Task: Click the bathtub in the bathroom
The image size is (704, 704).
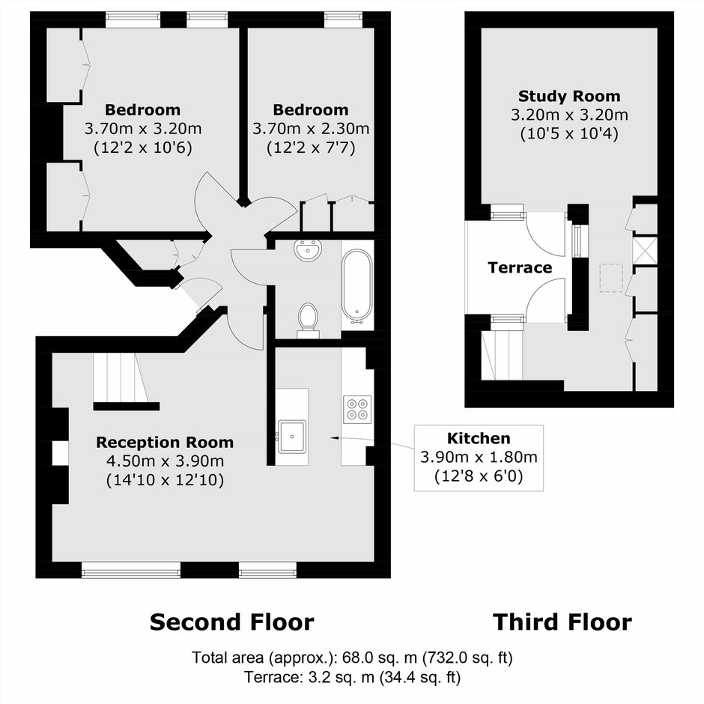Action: [357, 286]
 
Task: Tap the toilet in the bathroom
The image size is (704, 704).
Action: [308, 320]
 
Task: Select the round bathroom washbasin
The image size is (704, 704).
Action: [308, 250]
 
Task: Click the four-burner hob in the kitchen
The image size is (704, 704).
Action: [357, 410]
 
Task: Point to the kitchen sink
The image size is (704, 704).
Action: [292, 437]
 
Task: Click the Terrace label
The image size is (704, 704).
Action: [520, 267]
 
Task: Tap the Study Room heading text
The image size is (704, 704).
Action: [569, 96]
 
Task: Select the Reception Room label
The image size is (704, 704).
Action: [165, 442]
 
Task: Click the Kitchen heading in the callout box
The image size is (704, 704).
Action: [479, 438]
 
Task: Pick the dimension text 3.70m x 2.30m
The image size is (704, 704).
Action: [311, 129]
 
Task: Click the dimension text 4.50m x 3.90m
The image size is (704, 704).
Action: [165, 461]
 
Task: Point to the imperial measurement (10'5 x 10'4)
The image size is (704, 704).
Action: [569, 134]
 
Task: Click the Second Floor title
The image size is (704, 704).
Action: [231, 622]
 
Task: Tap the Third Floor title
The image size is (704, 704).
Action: [562, 622]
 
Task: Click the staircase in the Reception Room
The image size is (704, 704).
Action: [121, 378]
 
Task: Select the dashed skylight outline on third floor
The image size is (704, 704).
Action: [611, 279]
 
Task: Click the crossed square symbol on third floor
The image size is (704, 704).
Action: [645, 249]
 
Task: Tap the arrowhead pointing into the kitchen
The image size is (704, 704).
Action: [335, 437]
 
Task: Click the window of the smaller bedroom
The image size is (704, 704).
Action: [344, 19]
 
